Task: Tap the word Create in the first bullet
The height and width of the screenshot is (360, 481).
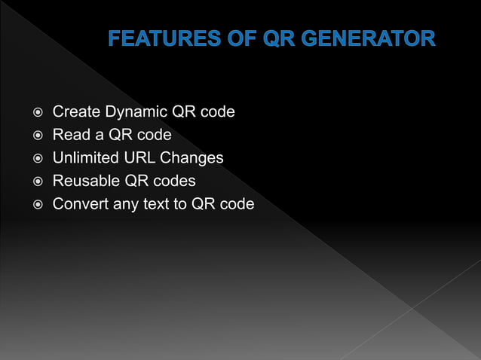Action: pyautogui.click(x=75, y=112)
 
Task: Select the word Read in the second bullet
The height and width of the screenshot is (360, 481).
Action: pyautogui.click(x=69, y=136)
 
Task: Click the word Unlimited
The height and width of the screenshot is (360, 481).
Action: pyautogui.click(x=81, y=158)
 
